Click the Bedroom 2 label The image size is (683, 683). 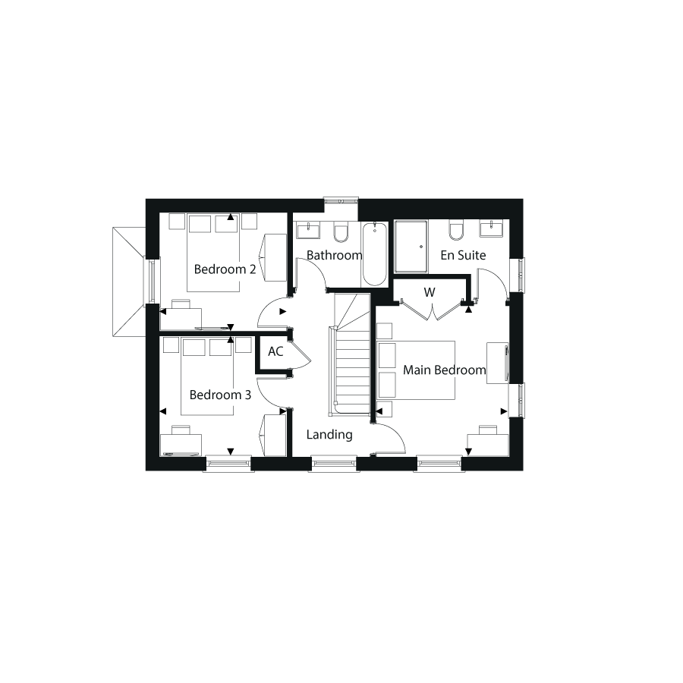(x=225, y=269)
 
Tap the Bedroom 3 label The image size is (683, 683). (x=220, y=395)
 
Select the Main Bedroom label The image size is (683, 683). (x=444, y=370)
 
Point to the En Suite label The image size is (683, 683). (x=463, y=255)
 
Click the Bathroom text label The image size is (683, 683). (x=335, y=255)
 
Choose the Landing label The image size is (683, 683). (x=329, y=434)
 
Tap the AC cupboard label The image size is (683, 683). (x=275, y=351)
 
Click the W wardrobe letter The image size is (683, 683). (x=430, y=292)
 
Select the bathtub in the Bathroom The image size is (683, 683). (x=375, y=254)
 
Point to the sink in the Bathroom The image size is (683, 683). (x=308, y=230)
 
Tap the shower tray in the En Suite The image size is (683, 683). (x=411, y=247)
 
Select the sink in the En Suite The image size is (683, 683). (x=491, y=228)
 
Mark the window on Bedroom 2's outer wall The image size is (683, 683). (x=152, y=280)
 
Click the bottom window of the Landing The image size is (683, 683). (x=334, y=464)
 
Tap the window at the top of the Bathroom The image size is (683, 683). (x=341, y=201)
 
